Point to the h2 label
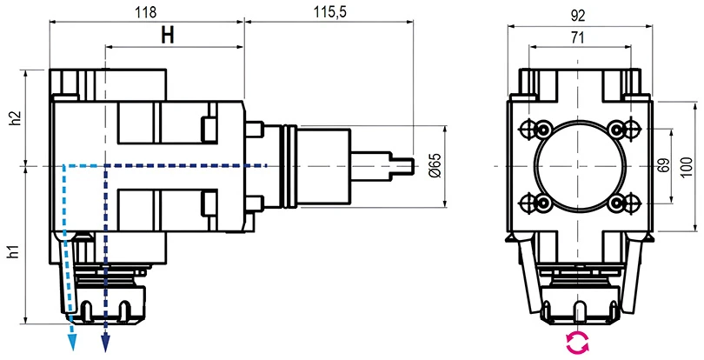click(13, 119)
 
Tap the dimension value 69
click(663, 165)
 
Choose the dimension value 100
click(687, 165)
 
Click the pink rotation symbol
click(577, 343)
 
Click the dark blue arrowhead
click(105, 343)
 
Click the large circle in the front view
click(578, 166)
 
